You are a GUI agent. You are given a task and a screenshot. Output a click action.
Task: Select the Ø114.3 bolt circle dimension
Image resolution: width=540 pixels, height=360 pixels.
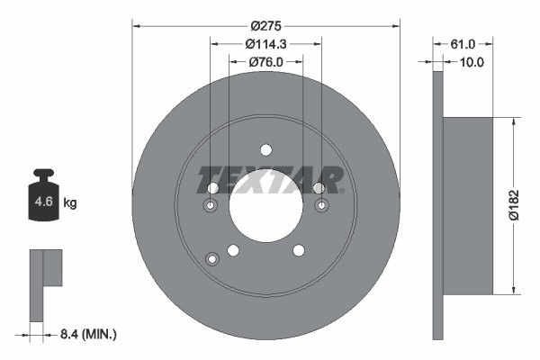tap(266, 43)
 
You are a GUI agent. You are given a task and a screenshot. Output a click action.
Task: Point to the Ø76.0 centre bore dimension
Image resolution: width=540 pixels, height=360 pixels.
tap(266, 62)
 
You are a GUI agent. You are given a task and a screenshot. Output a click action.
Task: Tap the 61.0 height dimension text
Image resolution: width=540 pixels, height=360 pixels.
tap(463, 43)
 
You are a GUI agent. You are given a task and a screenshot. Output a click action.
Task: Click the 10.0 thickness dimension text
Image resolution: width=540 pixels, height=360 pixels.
tap(472, 62)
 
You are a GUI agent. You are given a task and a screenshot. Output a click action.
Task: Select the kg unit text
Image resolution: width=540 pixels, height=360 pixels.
tap(70, 203)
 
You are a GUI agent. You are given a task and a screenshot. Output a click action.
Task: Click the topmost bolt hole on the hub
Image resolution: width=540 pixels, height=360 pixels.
tap(266, 150)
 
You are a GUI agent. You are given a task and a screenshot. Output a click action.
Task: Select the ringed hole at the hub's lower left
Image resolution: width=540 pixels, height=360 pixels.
tap(212, 259)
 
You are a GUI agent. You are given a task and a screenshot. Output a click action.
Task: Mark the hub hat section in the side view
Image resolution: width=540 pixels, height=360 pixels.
tap(469, 204)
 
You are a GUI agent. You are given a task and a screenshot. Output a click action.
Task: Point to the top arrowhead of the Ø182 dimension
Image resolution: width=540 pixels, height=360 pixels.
tap(514, 121)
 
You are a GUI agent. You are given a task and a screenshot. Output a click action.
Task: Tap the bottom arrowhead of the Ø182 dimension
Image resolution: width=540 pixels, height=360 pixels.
tap(514, 289)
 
